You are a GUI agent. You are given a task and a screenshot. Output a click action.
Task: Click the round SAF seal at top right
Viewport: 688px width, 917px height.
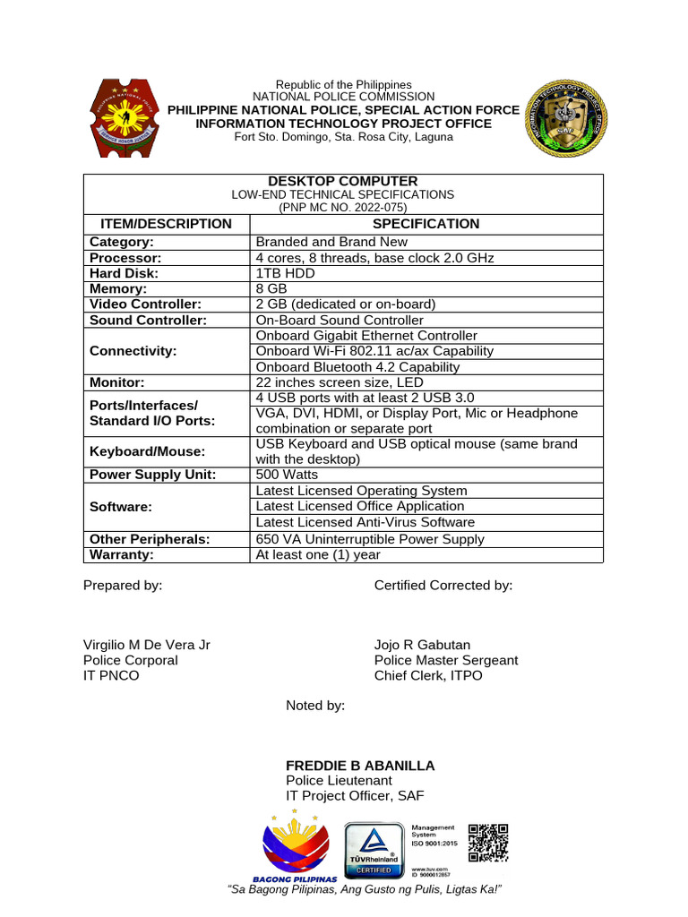click(565, 118)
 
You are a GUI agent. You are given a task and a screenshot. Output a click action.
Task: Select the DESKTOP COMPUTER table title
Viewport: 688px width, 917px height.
click(343, 181)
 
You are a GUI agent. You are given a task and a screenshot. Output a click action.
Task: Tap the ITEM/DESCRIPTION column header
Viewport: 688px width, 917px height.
click(161, 224)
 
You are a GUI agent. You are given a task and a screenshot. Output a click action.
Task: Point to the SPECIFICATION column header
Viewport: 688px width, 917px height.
click(426, 224)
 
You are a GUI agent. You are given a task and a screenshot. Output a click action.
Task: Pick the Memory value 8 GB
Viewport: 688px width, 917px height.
click(271, 288)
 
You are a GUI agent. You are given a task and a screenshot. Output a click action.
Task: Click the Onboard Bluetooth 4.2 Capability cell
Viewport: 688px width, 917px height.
click(357, 366)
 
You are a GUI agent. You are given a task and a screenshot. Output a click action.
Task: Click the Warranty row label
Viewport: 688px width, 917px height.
click(122, 554)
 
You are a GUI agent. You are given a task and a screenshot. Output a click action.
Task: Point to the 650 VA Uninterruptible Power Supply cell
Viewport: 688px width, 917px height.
click(369, 539)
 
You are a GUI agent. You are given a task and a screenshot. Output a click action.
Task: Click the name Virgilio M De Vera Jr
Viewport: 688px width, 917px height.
click(147, 645)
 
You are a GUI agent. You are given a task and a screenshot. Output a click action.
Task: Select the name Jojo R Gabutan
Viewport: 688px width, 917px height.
click(422, 645)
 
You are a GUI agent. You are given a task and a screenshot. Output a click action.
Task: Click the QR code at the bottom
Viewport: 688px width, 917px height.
click(488, 843)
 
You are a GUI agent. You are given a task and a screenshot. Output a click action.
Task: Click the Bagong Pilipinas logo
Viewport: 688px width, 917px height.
click(295, 846)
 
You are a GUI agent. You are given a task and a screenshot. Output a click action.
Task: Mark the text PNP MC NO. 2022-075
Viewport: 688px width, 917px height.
click(343, 207)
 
